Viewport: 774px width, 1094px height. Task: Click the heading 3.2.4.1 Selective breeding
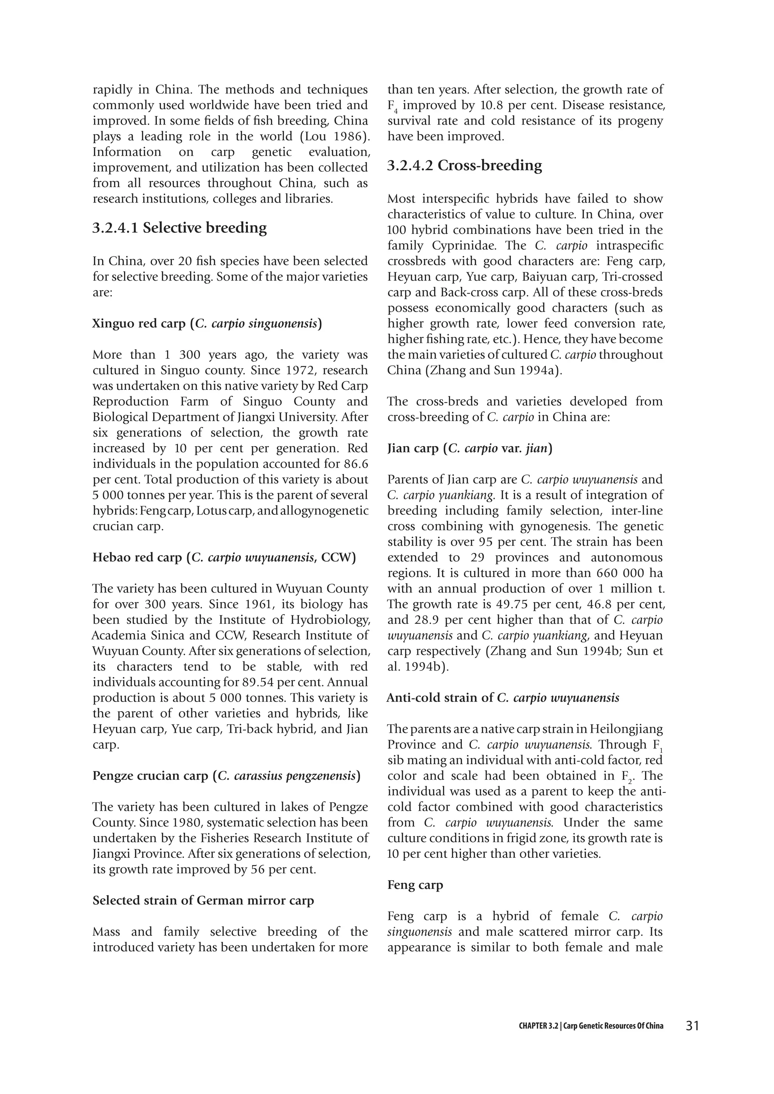point(179,228)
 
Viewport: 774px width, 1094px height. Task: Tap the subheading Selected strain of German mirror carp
point(203,901)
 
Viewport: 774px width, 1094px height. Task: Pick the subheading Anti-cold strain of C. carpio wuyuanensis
point(503,698)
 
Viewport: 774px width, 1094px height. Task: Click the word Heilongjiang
point(626,729)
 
